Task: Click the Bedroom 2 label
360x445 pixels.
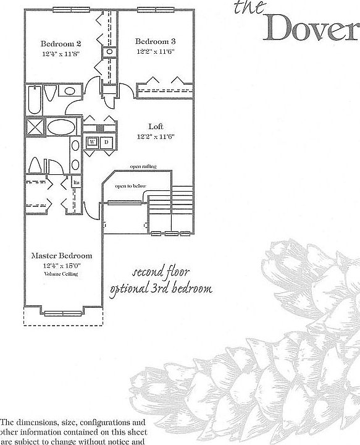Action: (61, 44)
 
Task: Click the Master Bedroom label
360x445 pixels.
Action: (62, 255)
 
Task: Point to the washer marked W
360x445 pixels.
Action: (92, 142)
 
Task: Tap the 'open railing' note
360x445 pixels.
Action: (143, 167)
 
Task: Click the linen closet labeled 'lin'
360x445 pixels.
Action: (77, 182)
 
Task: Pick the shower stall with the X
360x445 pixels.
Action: (34, 129)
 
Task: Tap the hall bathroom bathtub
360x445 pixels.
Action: (35, 100)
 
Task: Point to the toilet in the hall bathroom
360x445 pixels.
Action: (52, 93)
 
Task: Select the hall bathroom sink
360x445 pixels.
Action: (69, 92)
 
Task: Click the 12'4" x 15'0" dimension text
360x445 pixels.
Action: (62, 266)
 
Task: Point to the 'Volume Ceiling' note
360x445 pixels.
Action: (62, 274)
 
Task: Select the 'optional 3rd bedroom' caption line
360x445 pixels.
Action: (161, 289)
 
